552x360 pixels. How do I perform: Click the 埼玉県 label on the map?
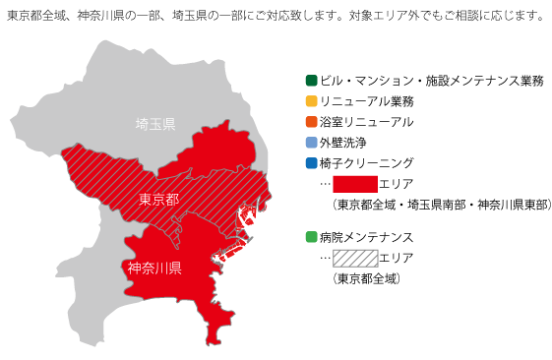click(155, 124)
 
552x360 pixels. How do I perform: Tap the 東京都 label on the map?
click(158, 200)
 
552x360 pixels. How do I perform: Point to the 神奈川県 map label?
click(154, 268)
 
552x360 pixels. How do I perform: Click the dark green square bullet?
click(311, 80)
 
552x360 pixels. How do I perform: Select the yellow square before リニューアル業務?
click(311, 101)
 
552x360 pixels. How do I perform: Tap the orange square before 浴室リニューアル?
click(311, 122)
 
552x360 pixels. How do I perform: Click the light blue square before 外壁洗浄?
click(311, 143)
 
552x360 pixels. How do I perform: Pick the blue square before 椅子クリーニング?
click(311, 163)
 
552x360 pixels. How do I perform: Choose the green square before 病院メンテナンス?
click(311, 237)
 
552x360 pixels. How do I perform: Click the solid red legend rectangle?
click(355, 184)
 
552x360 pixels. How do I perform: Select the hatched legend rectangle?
click(355, 259)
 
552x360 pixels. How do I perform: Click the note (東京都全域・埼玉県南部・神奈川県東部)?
click(440, 205)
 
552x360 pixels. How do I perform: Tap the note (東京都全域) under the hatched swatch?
click(366, 278)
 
